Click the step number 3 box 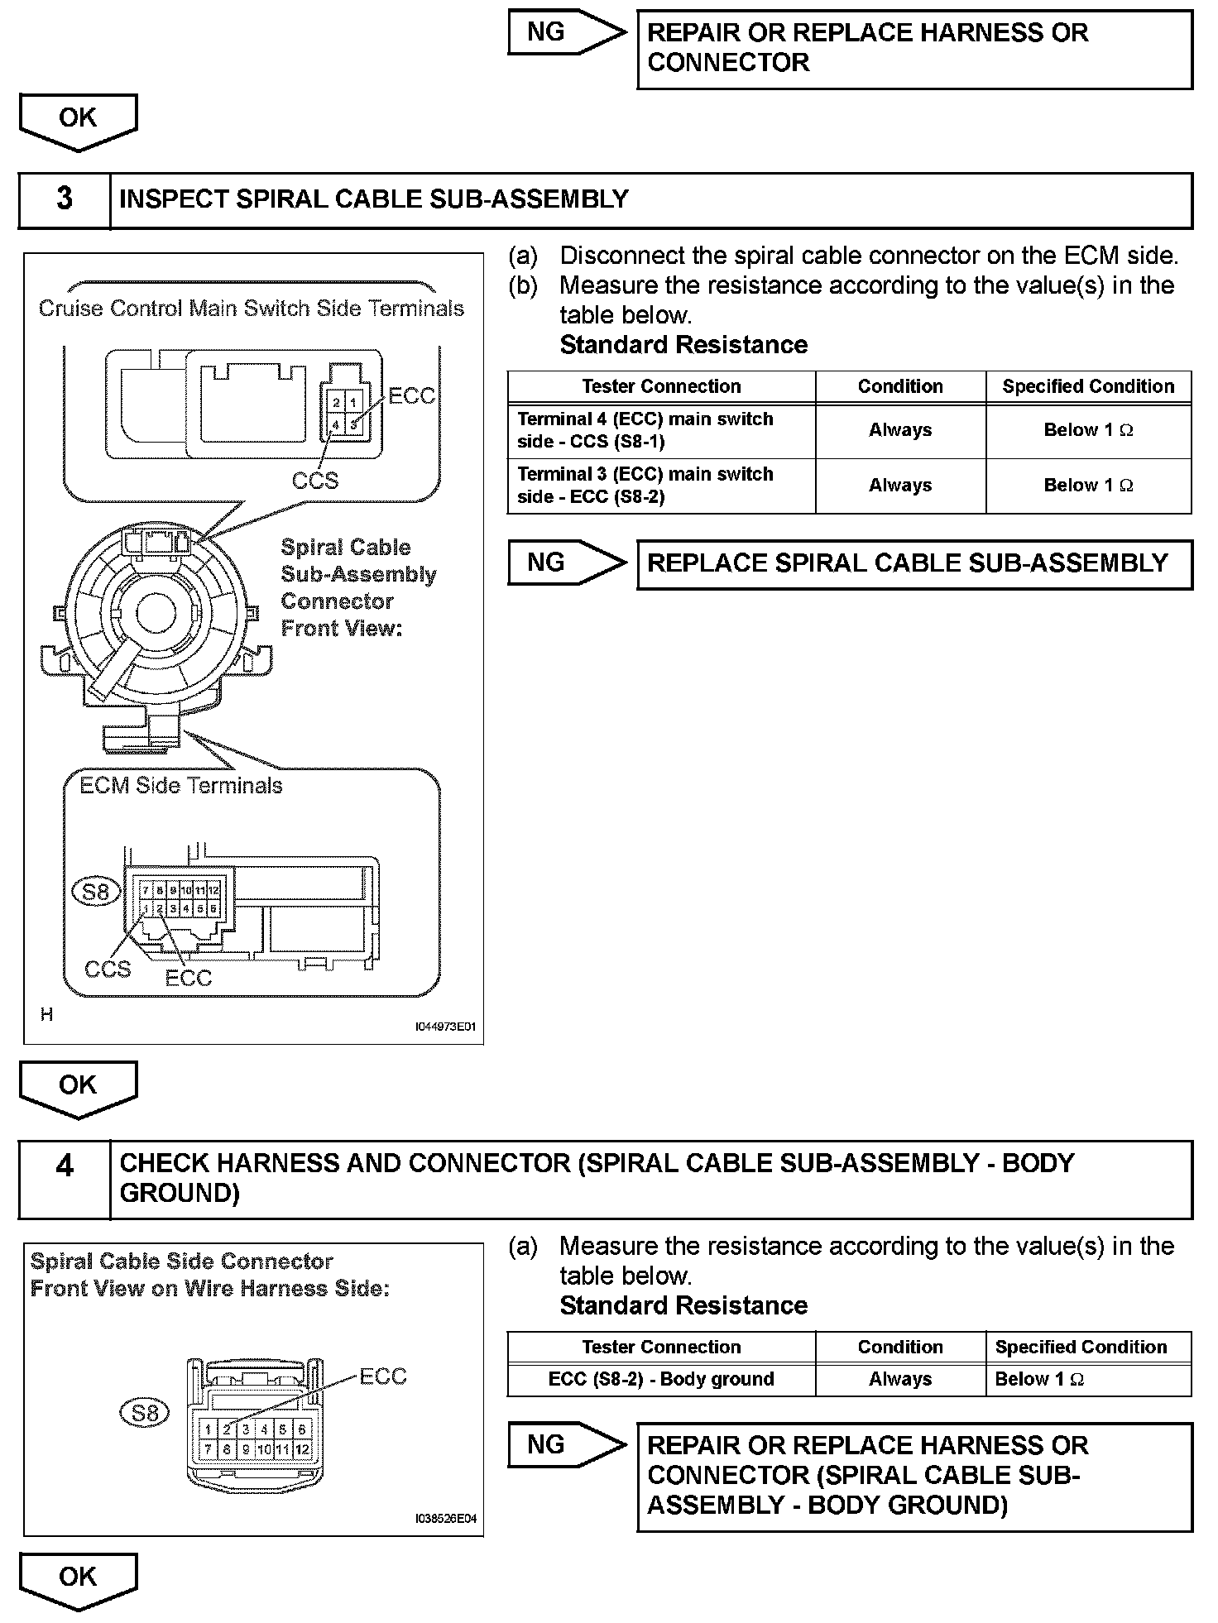click(65, 200)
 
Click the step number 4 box click(65, 1179)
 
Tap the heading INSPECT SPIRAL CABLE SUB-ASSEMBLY click(374, 199)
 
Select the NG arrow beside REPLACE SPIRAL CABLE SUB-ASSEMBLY click(566, 563)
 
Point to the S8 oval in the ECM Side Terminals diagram click(96, 891)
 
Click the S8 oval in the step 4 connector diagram click(145, 1413)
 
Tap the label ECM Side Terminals click(181, 785)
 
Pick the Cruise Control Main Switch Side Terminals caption click(252, 309)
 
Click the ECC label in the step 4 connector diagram click(383, 1376)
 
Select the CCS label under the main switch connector click(314, 481)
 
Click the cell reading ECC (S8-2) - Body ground click(661, 1379)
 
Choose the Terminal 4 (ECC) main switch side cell click(661, 430)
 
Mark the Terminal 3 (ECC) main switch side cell click(661, 486)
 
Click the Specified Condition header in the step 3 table click(1088, 386)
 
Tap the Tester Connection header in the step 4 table click(661, 1347)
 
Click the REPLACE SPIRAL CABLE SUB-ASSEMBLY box click(914, 564)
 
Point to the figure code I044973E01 click(445, 1027)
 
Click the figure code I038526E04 click(445, 1519)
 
